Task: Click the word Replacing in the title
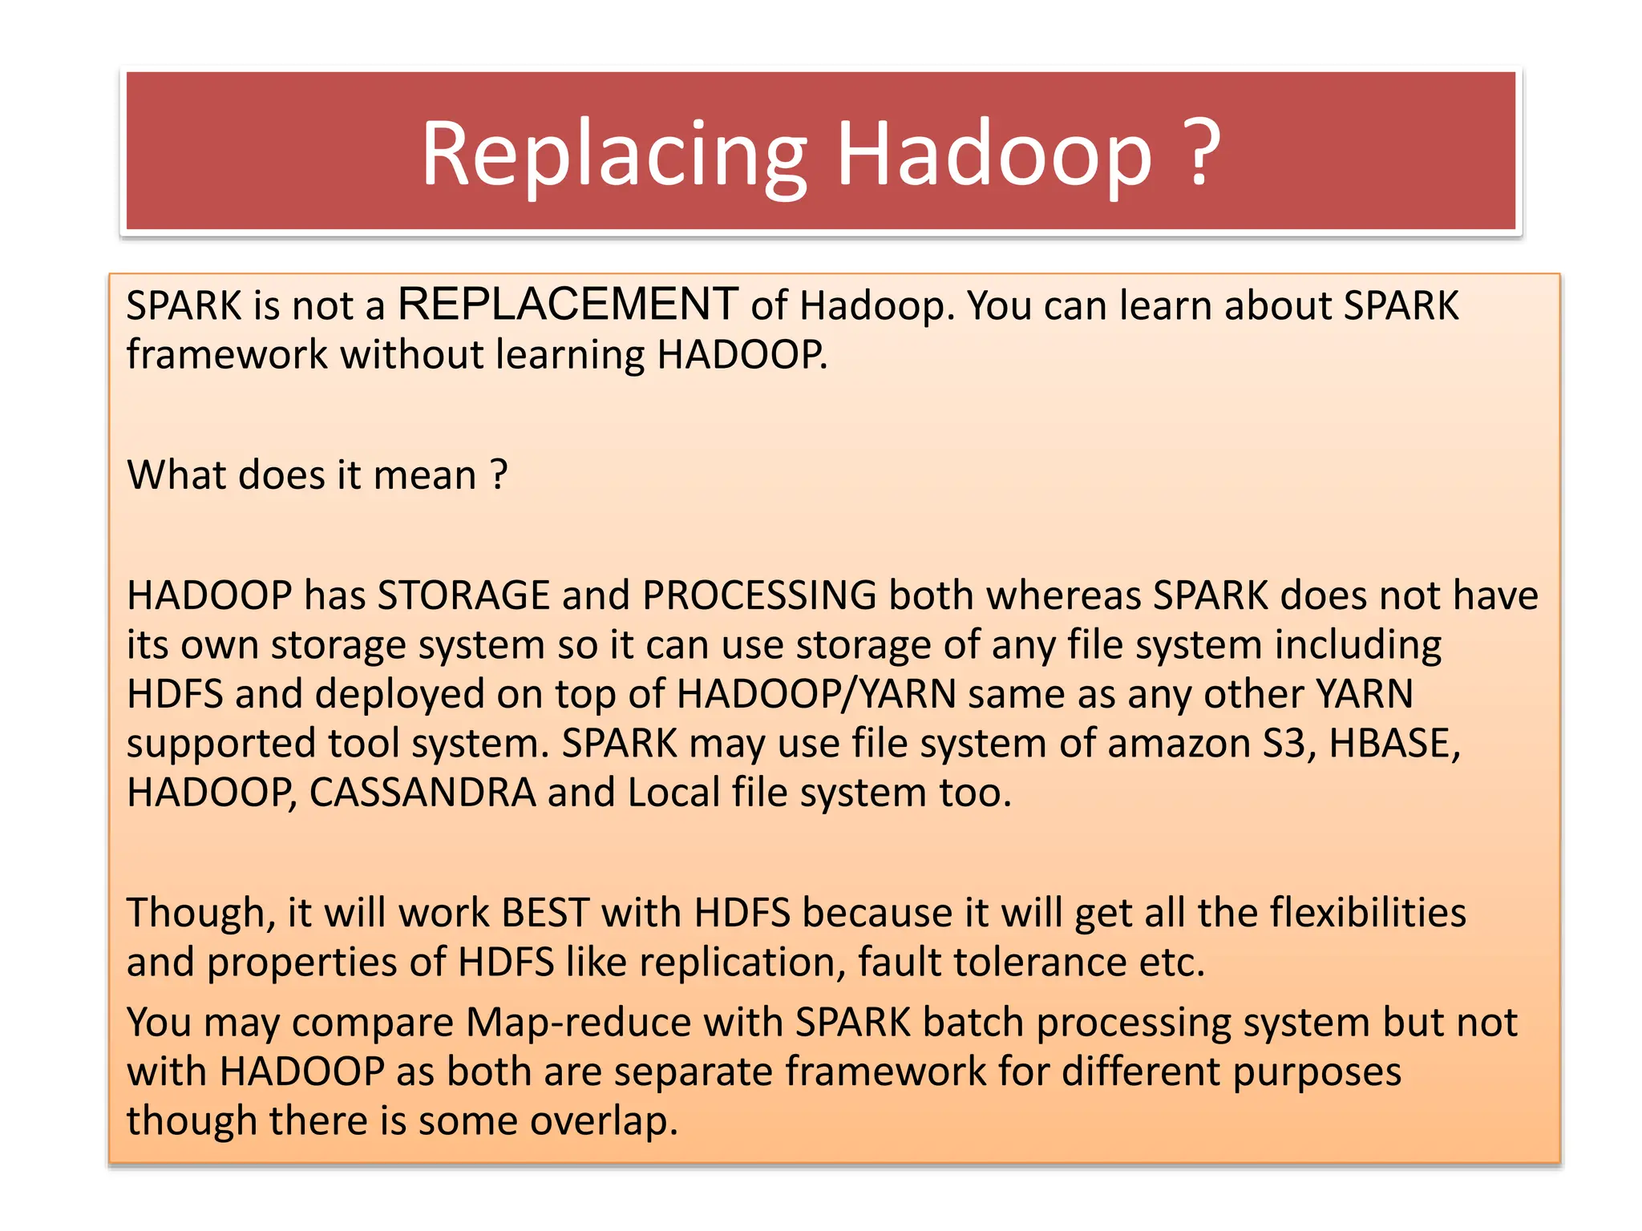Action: pos(613,154)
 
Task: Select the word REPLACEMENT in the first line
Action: pos(568,305)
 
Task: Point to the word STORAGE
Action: pos(463,596)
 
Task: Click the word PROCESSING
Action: pos(759,596)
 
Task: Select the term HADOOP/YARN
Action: pos(816,694)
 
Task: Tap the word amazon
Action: pos(1179,744)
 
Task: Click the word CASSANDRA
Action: pos(423,793)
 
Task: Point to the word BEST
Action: pos(545,914)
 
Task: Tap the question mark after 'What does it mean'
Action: pos(499,474)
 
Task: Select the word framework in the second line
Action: pos(227,354)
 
